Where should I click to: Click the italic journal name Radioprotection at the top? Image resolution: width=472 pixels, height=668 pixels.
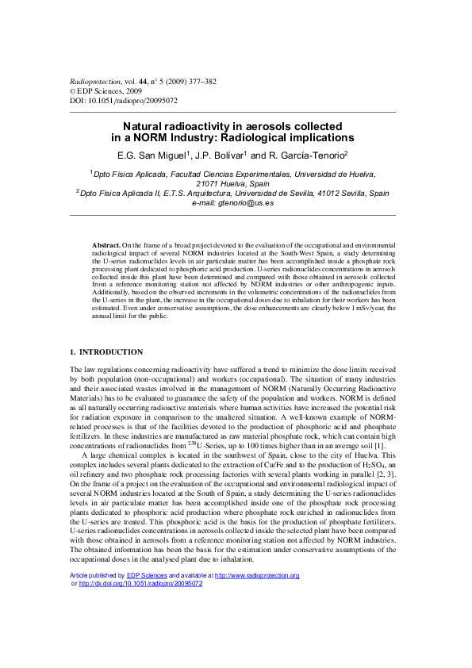(92, 82)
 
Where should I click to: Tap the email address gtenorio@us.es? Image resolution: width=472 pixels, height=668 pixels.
(252, 202)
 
